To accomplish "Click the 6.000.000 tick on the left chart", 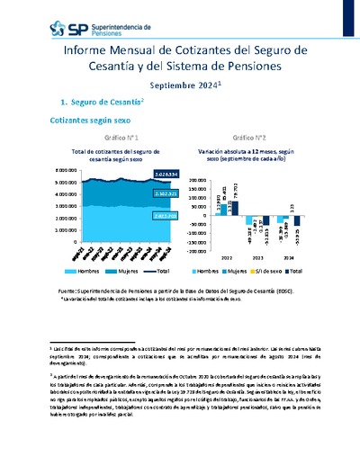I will [42, 169].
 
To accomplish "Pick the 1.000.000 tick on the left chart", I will [42, 230].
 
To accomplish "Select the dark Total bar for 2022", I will [234, 207].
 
